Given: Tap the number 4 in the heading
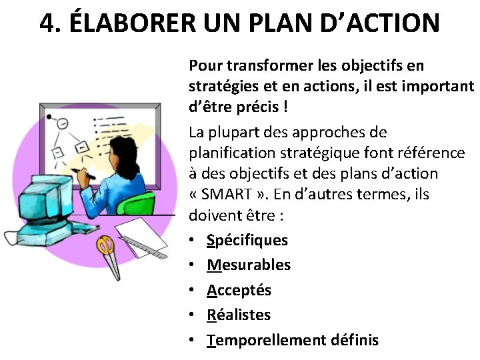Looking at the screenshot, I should coord(47,23).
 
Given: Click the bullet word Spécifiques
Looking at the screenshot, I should coord(247,240).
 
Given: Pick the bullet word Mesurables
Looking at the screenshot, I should coord(249,265).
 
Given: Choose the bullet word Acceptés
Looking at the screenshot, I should coord(239,290).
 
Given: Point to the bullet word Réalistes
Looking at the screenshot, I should coord(239,315).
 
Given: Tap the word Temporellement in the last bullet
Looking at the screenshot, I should coord(266,340).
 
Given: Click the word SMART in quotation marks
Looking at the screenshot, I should coord(227,195).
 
